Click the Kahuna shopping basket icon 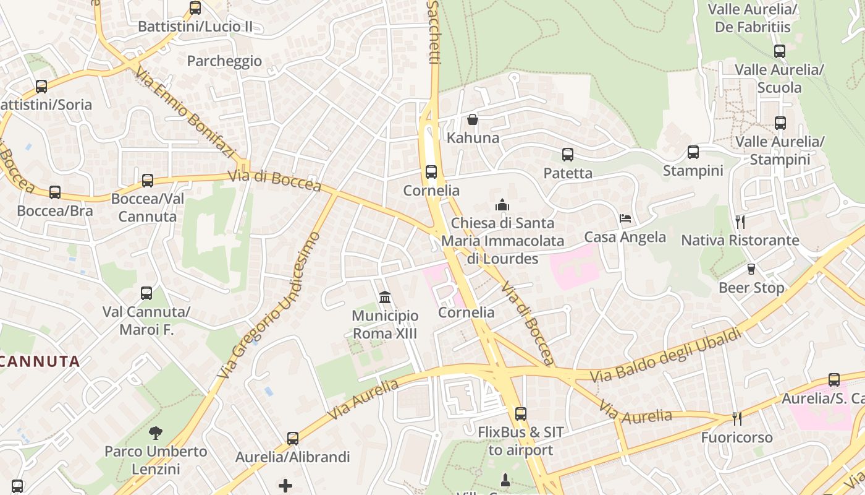(473, 119)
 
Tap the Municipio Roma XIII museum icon (385, 298)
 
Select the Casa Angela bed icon (625, 218)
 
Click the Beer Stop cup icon (751, 269)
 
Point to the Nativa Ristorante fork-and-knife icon (740, 222)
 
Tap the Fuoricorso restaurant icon (736, 419)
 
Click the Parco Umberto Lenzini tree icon (156, 433)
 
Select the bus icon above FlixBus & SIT (521, 414)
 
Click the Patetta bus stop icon (568, 155)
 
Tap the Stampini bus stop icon (693, 152)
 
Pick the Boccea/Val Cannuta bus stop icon (148, 181)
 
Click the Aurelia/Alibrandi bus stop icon (293, 439)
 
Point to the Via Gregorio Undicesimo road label (270, 305)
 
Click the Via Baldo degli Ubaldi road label (665, 356)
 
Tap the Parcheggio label (224, 61)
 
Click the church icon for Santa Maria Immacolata (502, 205)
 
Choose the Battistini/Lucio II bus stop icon (195, 9)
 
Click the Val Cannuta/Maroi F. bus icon (146, 293)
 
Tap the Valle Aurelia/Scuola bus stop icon (780, 51)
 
